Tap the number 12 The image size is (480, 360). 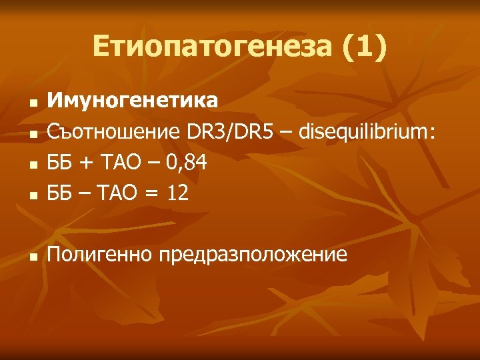click(x=177, y=193)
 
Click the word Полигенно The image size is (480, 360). click(x=100, y=255)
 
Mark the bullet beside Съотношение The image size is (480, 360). click(x=31, y=135)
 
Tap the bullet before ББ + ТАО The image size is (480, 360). click(x=31, y=166)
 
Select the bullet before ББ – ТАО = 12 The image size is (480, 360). click(x=31, y=197)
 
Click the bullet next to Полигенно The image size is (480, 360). click(x=31, y=258)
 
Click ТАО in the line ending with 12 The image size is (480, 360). click(x=118, y=193)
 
